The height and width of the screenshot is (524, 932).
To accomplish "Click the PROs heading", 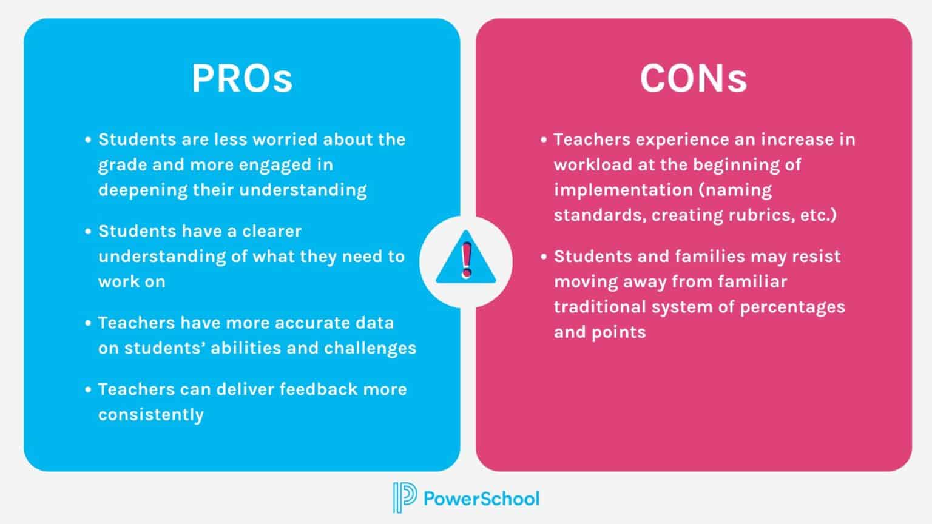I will coord(242,78).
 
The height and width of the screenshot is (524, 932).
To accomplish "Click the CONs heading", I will coord(693,78).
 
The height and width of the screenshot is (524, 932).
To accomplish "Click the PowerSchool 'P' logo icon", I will coord(404,497).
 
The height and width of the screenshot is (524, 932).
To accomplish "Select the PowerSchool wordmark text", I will coord(481,499).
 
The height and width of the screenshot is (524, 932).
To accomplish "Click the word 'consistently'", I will coord(151,415).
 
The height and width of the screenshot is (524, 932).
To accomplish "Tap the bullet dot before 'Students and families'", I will coord(544,257).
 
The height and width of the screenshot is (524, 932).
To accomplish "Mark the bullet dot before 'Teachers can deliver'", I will coord(89,389).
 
